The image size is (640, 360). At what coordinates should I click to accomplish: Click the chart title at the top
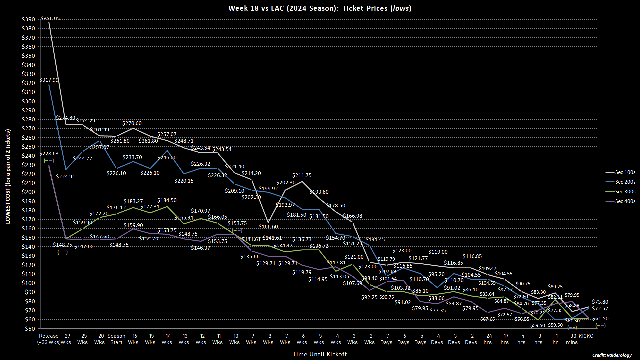point(320,8)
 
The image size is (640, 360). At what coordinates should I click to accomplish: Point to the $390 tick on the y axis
point(28,19)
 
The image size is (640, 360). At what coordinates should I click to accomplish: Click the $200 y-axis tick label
point(28,192)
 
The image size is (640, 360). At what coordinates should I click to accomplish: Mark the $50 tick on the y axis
point(29,329)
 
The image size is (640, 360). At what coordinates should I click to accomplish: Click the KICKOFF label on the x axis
point(589,336)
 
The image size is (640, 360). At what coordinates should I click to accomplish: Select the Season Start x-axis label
point(116,339)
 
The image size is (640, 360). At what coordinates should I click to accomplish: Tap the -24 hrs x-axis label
point(487,339)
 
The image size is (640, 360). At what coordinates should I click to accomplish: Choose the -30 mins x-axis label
point(572,339)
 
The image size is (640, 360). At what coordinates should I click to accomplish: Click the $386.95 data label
point(50,19)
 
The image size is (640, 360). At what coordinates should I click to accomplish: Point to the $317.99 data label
point(49,80)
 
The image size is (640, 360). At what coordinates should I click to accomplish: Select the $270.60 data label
point(132,123)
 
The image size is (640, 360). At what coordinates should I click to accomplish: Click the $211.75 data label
point(302,175)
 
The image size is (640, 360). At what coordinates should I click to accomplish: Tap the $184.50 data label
point(167,200)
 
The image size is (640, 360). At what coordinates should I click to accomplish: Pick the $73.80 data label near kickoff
point(600,302)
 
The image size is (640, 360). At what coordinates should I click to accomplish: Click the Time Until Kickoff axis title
point(320,354)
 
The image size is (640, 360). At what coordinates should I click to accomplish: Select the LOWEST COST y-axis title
point(8,176)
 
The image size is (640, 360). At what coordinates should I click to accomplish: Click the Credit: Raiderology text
point(612,355)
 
